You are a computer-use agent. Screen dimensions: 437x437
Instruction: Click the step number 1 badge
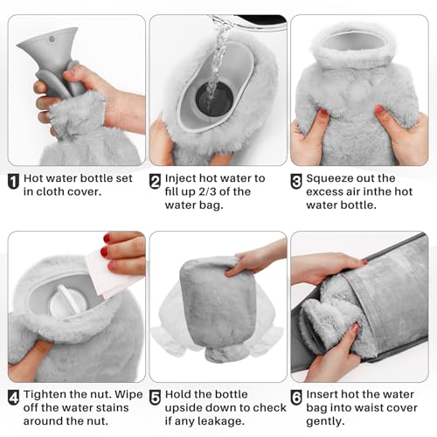[14, 182]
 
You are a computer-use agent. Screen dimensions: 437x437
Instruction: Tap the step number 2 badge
[156, 182]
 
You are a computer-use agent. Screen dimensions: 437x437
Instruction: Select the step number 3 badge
[297, 182]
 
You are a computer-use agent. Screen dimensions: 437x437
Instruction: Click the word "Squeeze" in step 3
[336, 179]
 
